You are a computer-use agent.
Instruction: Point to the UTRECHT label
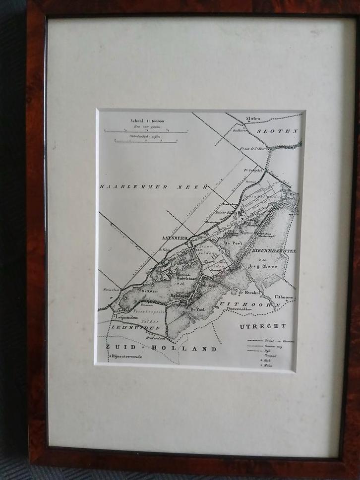pos(263,326)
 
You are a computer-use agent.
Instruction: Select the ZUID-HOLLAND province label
pos(161,349)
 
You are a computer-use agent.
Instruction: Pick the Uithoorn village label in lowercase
pos(283,297)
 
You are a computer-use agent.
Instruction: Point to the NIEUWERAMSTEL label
pos(274,251)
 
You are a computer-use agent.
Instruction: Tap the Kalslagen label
pos(181,296)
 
